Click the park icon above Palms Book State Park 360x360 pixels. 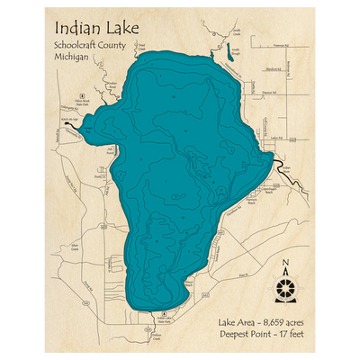pos(81,94)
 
